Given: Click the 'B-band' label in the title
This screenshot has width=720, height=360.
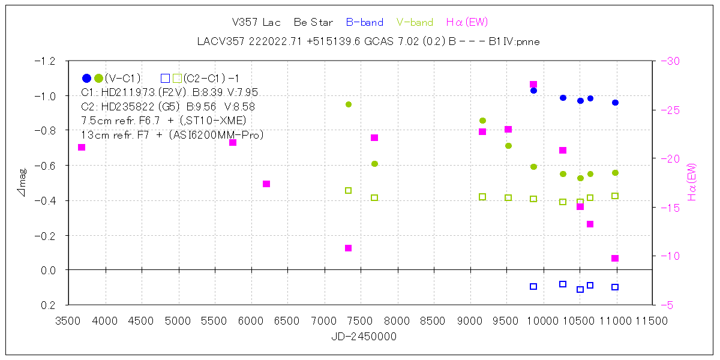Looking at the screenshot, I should (x=364, y=23).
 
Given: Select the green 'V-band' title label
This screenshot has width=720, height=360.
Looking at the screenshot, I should (x=415, y=23).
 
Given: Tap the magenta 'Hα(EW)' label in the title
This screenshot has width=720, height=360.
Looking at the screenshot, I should (x=467, y=23).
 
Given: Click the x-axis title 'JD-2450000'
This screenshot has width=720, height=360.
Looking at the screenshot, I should (x=364, y=337).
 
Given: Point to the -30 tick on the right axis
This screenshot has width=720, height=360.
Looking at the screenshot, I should (x=670, y=61).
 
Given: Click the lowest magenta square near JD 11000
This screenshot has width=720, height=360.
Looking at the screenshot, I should (x=615, y=259).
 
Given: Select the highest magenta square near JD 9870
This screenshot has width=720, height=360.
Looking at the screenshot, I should (x=533, y=85).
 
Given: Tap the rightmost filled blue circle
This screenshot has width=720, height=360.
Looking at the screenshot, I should (x=615, y=103).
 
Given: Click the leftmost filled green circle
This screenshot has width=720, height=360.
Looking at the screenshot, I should (x=349, y=104).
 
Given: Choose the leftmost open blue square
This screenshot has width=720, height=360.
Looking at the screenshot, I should (x=533, y=287).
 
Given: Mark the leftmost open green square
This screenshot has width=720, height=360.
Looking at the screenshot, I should (x=349, y=191).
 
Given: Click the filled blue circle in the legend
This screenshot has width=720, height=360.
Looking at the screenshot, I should (x=86, y=78).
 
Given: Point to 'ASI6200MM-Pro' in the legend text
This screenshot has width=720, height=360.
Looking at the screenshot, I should (x=227, y=136).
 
